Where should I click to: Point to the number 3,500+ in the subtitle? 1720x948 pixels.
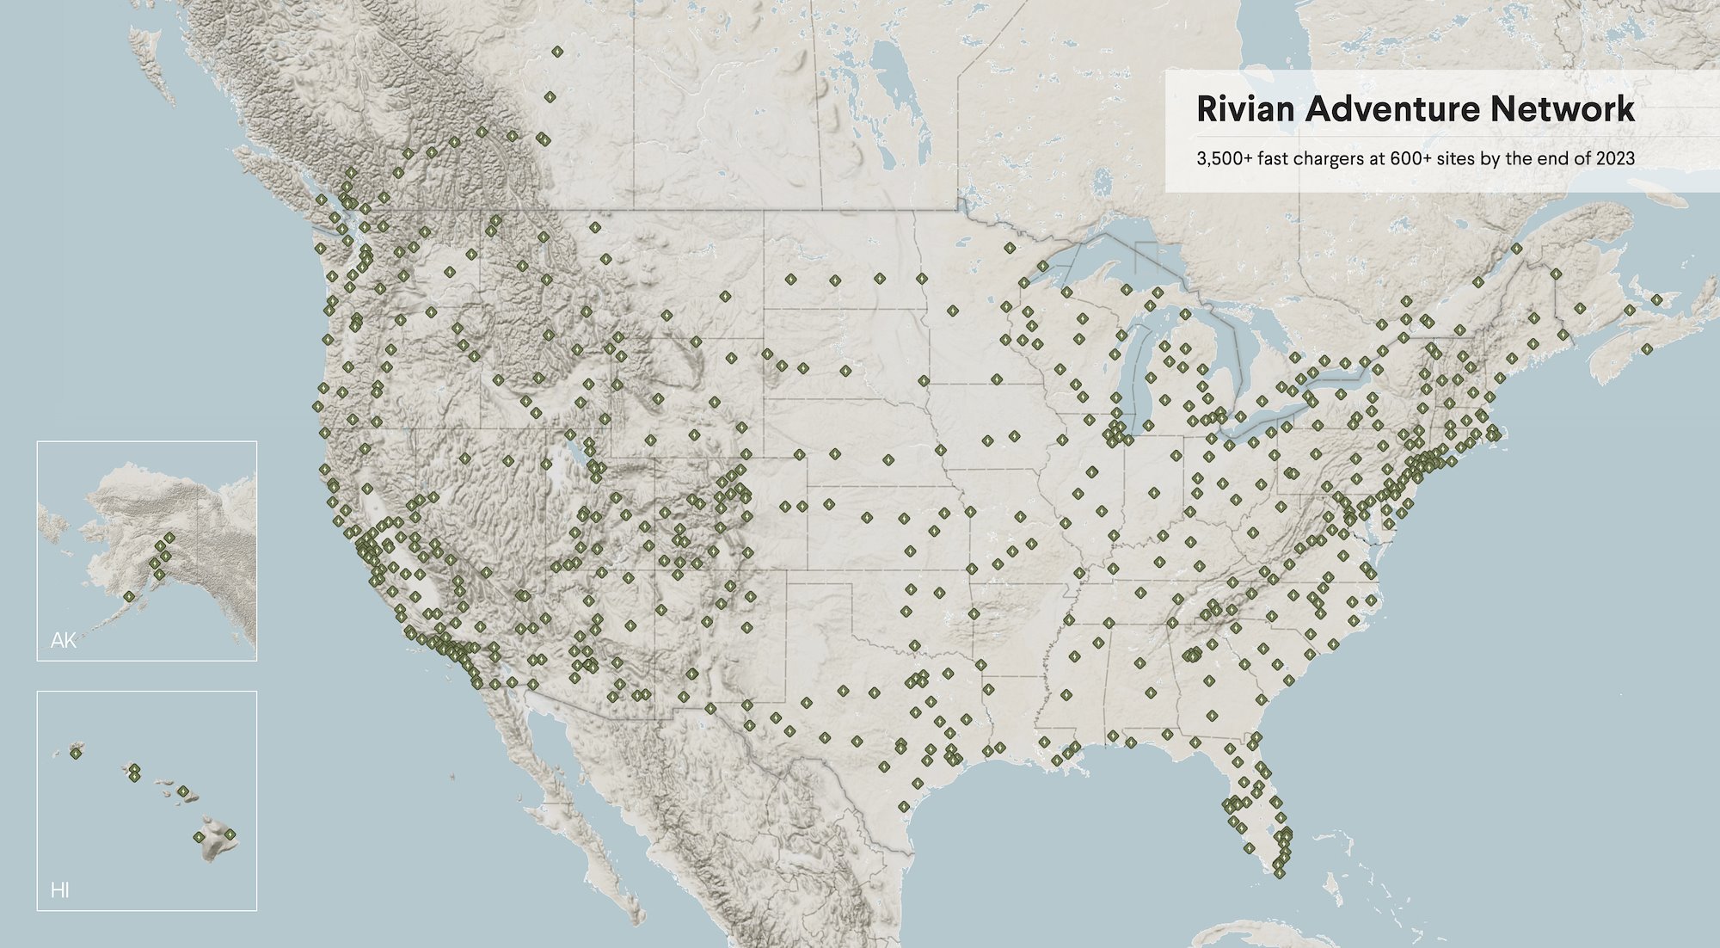(x=1224, y=158)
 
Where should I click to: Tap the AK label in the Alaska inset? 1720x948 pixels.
(x=63, y=640)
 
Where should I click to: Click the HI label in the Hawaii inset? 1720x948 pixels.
(x=59, y=890)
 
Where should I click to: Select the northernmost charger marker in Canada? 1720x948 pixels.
(x=557, y=52)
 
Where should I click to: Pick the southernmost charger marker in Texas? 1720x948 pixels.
(x=904, y=806)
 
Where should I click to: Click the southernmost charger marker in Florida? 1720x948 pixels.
(x=1280, y=873)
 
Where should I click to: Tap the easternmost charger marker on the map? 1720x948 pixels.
(x=1656, y=299)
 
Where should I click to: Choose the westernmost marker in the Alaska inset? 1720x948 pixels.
(x=128, y=596)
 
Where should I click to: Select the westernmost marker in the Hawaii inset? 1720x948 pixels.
(x=76, y=753)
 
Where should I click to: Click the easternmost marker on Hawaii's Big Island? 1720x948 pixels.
(x=230, y=834)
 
